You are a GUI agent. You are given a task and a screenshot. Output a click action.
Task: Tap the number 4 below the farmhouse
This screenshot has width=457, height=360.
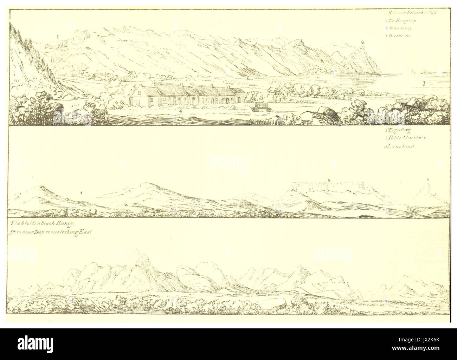click(x=180, y=111)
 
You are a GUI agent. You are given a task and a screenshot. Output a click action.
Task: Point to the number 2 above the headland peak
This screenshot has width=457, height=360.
click(x=362, y=42)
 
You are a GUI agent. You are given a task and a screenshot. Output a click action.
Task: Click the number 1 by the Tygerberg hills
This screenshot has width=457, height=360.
click(x=81, y=193)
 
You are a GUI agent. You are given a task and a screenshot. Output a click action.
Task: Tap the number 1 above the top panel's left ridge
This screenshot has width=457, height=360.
click(x=57, y=36)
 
